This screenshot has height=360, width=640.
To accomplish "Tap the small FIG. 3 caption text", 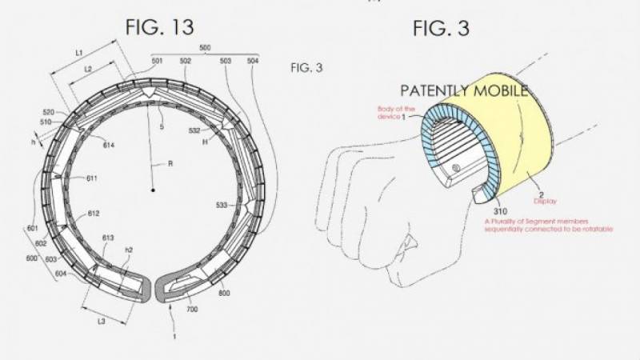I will [x=306, y=68].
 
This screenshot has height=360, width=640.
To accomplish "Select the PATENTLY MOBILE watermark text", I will [x=464, y=90].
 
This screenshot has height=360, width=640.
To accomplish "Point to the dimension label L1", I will [x=79, y=52].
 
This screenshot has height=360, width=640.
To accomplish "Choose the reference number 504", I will [x=253, y=61].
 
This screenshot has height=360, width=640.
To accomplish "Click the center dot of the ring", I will [x=152, y=190].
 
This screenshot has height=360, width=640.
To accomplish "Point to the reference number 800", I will [x=224, y=294].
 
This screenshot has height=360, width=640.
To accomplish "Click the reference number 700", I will [x=192, y=308].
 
